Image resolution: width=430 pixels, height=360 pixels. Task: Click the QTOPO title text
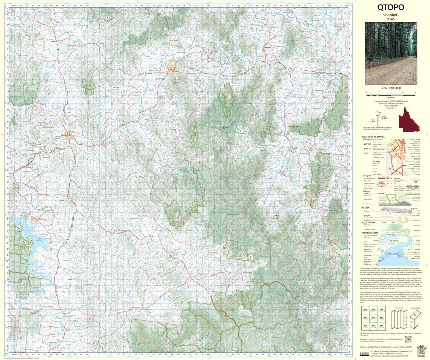click(391, 8)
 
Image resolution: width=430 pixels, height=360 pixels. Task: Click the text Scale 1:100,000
click(391, 88)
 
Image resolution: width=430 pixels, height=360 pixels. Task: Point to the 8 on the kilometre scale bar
click(415, 92)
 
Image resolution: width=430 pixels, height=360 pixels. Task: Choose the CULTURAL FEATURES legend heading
click(373, 137)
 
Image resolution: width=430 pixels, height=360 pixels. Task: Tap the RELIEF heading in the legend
click(365, 207)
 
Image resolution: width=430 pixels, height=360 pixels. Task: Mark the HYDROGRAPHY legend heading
click(370, 233)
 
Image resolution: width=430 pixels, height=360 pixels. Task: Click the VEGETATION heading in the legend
click(368, 222)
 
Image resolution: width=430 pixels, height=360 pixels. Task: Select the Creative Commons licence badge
click(364, 354)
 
